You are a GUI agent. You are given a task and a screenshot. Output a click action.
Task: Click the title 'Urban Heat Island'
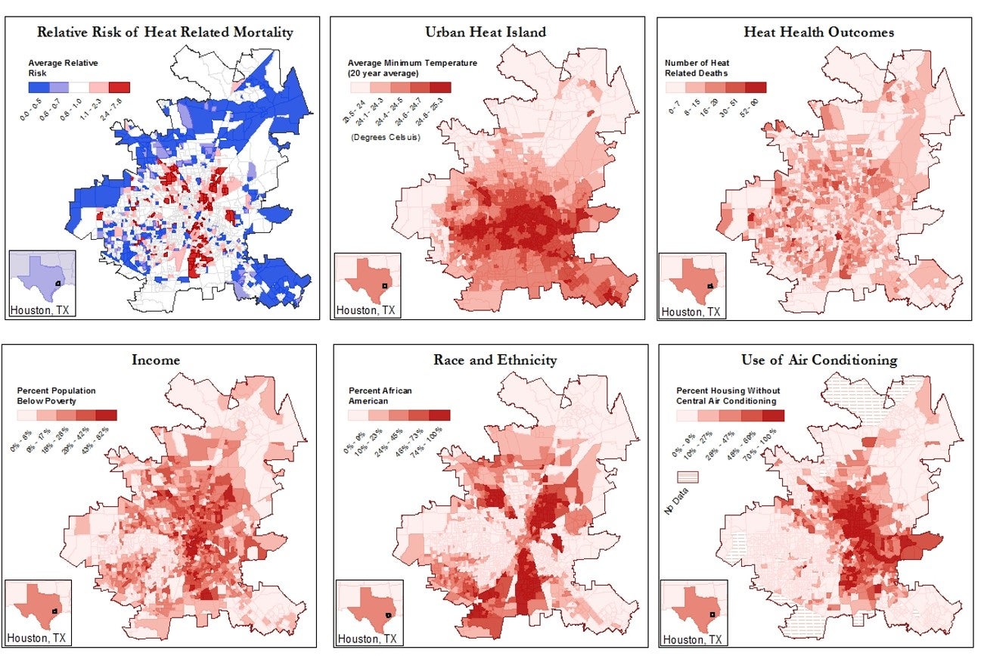[486, 33]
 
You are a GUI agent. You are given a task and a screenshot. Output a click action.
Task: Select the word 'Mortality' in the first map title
[259, 33]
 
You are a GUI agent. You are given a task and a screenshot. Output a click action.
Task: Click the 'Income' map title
[156, 360]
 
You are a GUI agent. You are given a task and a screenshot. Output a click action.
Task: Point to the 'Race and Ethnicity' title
[495, 360]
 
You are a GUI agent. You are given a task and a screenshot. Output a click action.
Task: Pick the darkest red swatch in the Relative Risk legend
[119, 87]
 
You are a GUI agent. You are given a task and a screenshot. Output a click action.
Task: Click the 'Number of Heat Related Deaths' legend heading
[696, 68]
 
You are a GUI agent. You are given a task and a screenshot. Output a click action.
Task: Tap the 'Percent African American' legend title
[380, 396]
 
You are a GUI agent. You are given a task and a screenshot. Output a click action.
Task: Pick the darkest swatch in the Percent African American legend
[439, 415]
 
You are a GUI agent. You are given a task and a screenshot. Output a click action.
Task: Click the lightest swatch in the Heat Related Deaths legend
[675, 87]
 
